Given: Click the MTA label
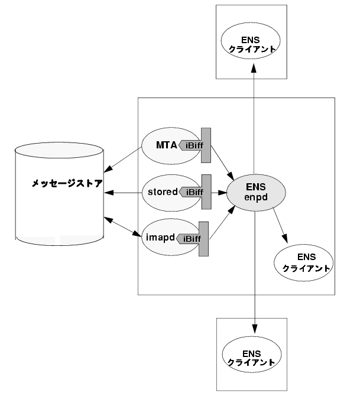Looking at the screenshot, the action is point(167,145).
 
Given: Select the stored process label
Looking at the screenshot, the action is point(163,192).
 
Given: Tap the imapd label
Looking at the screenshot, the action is point(160,238).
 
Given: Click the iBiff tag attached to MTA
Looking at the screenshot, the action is point(195,145).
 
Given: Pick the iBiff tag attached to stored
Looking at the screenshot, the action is point(195,192).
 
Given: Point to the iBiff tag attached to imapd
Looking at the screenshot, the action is point(193,239).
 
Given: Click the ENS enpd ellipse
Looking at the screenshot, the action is point(256,193).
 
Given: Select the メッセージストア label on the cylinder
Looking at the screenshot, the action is point(67,183).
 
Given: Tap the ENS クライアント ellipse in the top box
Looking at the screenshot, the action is point(251,41).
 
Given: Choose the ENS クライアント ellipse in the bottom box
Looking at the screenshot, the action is point(252,354).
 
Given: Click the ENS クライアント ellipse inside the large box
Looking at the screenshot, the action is point(304,262).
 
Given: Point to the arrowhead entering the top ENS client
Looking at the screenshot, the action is point(254,68).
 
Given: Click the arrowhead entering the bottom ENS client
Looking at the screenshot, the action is point(255,328).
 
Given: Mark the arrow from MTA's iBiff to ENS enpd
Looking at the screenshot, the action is point(222,162).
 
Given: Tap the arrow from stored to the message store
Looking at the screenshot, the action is point(124,193).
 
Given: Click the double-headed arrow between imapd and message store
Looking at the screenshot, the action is point(122,227).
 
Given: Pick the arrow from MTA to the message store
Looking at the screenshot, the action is point(122,160).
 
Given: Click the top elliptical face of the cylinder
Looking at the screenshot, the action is point(59,150).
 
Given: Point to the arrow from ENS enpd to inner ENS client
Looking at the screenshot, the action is point(280,225).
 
